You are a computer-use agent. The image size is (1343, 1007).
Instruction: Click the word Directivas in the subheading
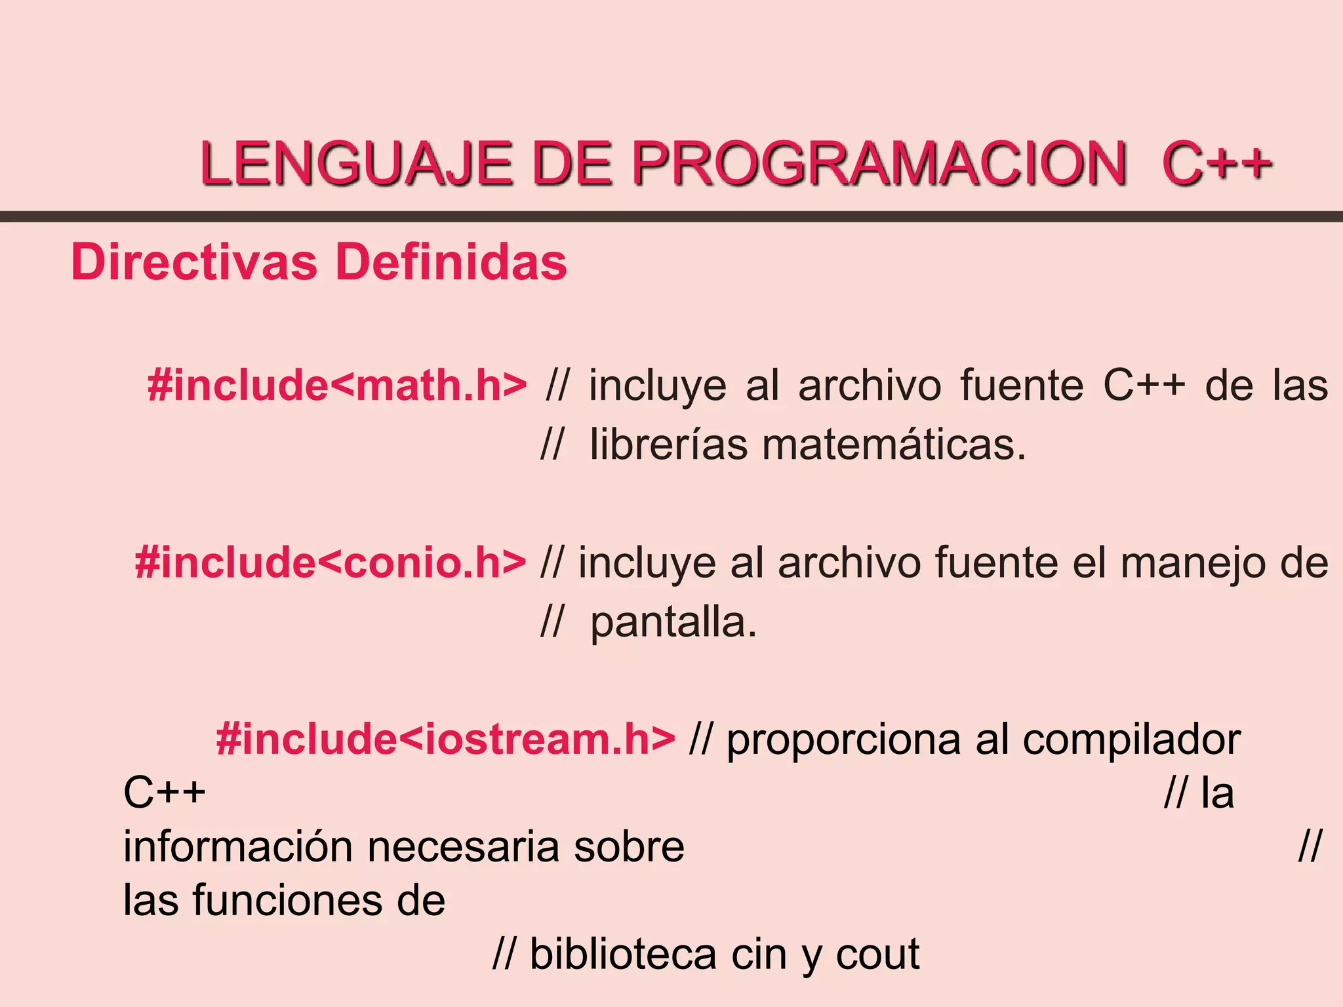pos(194,262)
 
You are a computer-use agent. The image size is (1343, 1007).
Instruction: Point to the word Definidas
pos(451,262)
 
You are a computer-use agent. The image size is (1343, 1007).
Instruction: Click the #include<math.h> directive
pos(337,385)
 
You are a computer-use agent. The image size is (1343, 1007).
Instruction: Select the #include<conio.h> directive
pos(331,563)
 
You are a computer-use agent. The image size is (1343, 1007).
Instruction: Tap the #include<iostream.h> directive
pos(445,739)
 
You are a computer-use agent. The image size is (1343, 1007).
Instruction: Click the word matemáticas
pos(894,444)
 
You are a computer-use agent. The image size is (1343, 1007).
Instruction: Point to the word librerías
pos(668,444)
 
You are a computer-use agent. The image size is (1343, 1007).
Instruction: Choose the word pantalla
pos(673,623)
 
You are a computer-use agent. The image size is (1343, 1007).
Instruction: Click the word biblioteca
pos(623,954)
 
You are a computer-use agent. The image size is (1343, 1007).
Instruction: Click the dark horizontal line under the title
pos(671,217)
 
